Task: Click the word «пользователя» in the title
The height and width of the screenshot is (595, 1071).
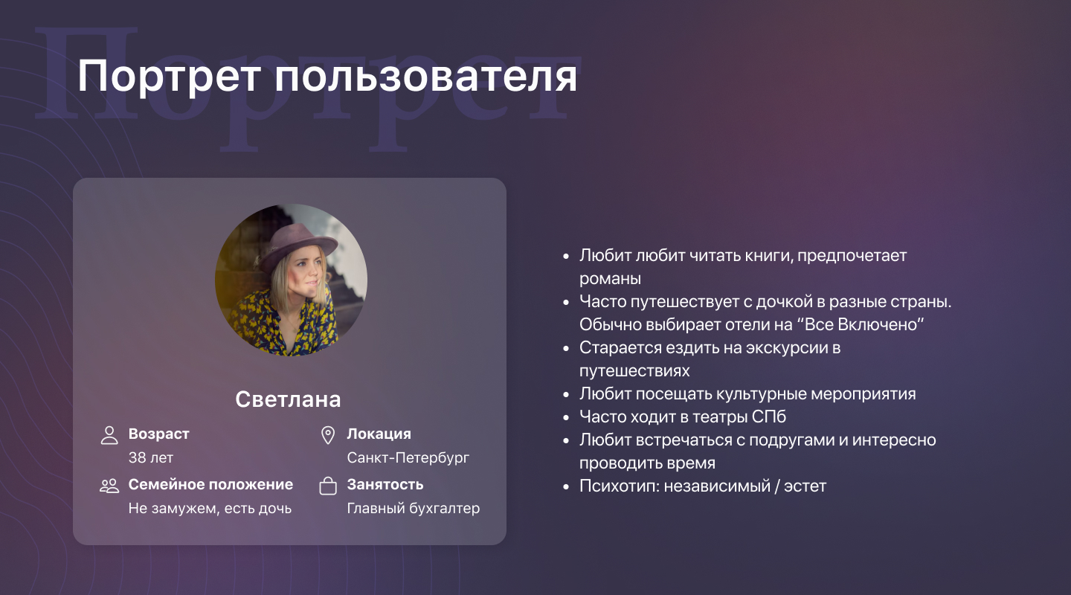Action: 425,77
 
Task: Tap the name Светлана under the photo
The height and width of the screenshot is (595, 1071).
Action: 288,399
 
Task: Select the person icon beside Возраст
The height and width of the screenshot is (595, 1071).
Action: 109,435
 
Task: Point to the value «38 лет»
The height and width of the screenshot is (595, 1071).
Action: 150,457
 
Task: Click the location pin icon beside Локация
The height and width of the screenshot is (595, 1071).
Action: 328,435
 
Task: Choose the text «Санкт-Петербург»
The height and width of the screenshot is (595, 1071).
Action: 408,457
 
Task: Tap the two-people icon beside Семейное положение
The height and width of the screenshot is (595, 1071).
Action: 109,486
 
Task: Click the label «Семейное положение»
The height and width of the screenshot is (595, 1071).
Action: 210,484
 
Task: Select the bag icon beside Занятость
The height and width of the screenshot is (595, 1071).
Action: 328,486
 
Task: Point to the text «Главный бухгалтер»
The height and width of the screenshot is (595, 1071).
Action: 413,508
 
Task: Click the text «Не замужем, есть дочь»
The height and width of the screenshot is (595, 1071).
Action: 210,508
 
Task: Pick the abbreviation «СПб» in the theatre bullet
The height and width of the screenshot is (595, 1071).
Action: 768,416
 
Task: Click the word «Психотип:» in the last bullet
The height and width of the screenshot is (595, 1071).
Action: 620,486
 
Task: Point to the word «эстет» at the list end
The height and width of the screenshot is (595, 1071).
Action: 805,486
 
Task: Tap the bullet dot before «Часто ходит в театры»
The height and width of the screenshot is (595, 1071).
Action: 566,417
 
